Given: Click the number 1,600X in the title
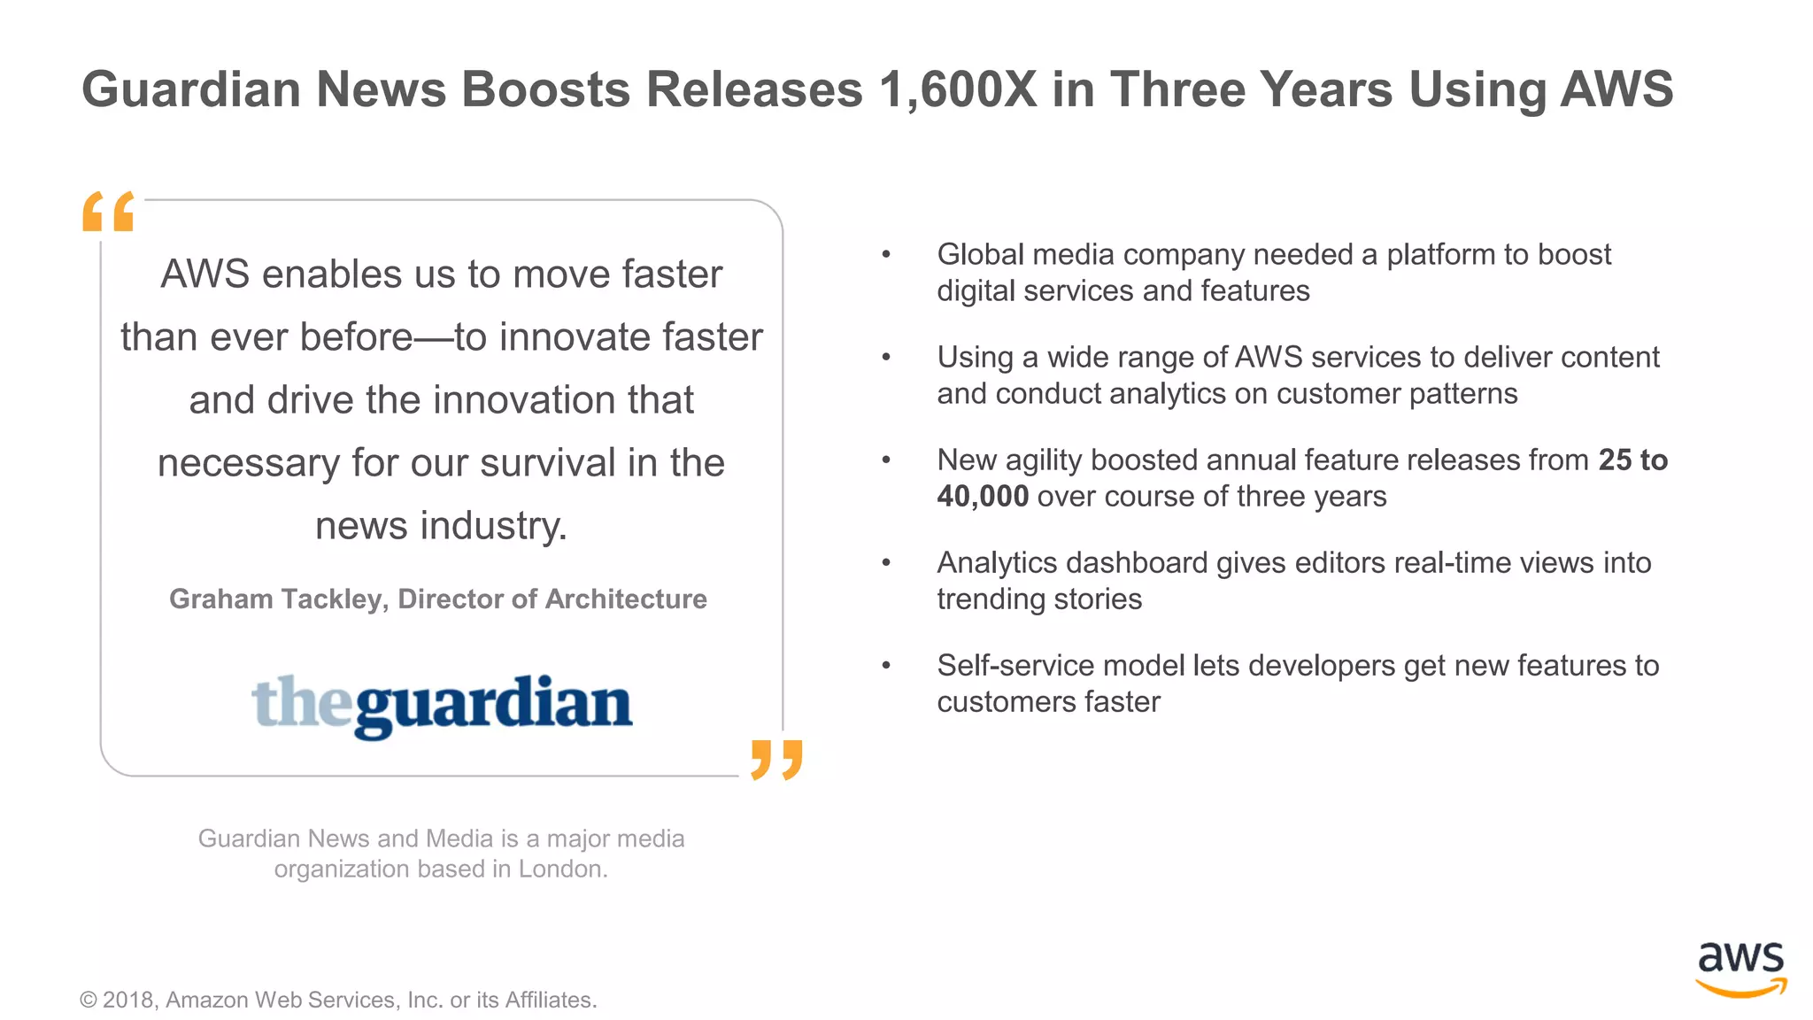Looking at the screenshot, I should point(958,89).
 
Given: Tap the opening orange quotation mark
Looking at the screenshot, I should point(108,212).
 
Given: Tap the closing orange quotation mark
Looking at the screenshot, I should point(776,760).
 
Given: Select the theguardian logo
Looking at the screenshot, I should point(442,705).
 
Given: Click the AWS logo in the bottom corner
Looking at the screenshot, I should point(1740,969).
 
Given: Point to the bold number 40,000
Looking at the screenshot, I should point(983,496).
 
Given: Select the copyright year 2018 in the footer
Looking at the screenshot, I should point(128,1000).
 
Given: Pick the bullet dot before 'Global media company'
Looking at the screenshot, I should point(885,255).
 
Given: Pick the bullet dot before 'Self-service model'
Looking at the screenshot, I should point(885,666).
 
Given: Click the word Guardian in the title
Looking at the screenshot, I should point(191,89).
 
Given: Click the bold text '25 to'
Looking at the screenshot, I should point(1632,460).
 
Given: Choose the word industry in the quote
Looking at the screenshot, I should point(493,526).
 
